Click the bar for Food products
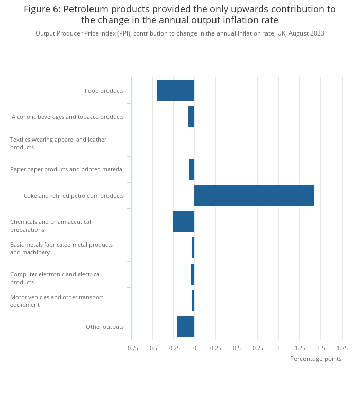click(176, 91)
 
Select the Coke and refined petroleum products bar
click(254, 196)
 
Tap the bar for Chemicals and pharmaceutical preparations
click(184, 221)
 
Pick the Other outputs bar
click(186, 326)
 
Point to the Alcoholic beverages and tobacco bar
click(191, 117)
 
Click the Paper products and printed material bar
click(192, 169)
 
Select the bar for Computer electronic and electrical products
click(193, 274)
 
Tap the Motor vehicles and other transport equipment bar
click(193, 301)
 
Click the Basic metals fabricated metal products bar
click(193, 248)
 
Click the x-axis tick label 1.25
click(300, 348)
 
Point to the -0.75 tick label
click(132, 348)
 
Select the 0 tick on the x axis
click(195, 348)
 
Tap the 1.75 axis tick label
click(342, 348)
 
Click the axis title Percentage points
click(316, 359)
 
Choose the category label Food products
click(104, 91)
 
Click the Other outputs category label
click(105, 327)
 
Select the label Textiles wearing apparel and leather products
click(59, 143)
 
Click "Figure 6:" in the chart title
click(42, 9)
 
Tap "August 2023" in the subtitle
click(307, 33)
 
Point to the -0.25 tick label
click(173, 348)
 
